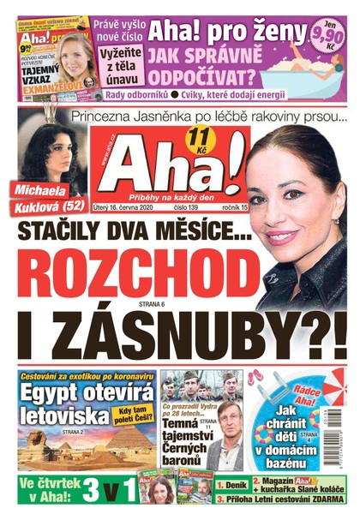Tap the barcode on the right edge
tap(350, 428)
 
